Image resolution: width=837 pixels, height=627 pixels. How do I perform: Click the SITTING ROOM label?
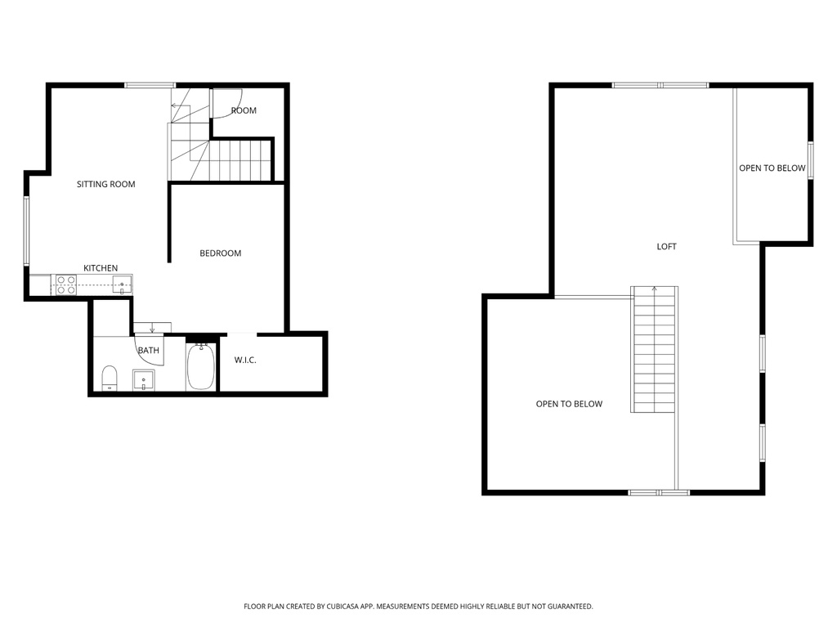point(105,184)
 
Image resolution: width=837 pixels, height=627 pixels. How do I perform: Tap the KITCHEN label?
point(101,268)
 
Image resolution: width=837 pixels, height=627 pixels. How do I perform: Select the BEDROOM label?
point(221,253)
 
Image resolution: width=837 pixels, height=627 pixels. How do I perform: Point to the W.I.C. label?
point(245,360)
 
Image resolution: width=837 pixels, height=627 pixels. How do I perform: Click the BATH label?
point(148,351)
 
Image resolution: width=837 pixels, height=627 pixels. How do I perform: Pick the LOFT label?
point(667,246)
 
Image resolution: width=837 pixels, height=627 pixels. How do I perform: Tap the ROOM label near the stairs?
point(244,110)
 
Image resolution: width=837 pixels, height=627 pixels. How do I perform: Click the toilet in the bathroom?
point(110,378)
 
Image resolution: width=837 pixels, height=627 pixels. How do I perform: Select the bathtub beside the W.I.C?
point(200,367)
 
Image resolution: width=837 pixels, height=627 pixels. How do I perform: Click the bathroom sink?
point(144,380)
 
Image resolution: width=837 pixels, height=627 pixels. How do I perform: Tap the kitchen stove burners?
point(66,284)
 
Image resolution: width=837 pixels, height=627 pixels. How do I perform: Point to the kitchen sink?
point(122,284)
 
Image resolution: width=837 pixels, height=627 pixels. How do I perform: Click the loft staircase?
point(654,352)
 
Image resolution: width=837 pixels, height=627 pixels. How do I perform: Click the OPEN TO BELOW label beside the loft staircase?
point(569,404)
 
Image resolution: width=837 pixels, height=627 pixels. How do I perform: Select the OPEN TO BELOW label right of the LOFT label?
point(772,168)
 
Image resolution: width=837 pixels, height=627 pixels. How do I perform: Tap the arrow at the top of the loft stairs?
point(654,289)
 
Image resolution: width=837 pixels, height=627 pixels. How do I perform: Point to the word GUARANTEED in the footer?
point(566,607)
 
